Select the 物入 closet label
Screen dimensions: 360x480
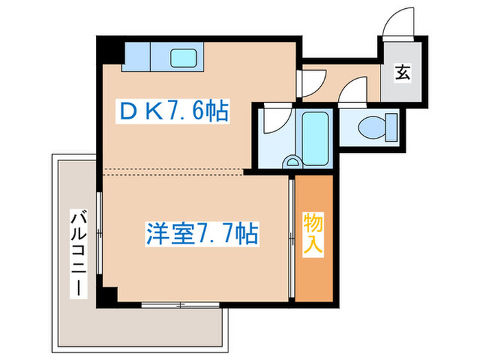(313, 234)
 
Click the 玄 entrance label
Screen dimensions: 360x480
(403, 71)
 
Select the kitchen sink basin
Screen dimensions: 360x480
(184, 58)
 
